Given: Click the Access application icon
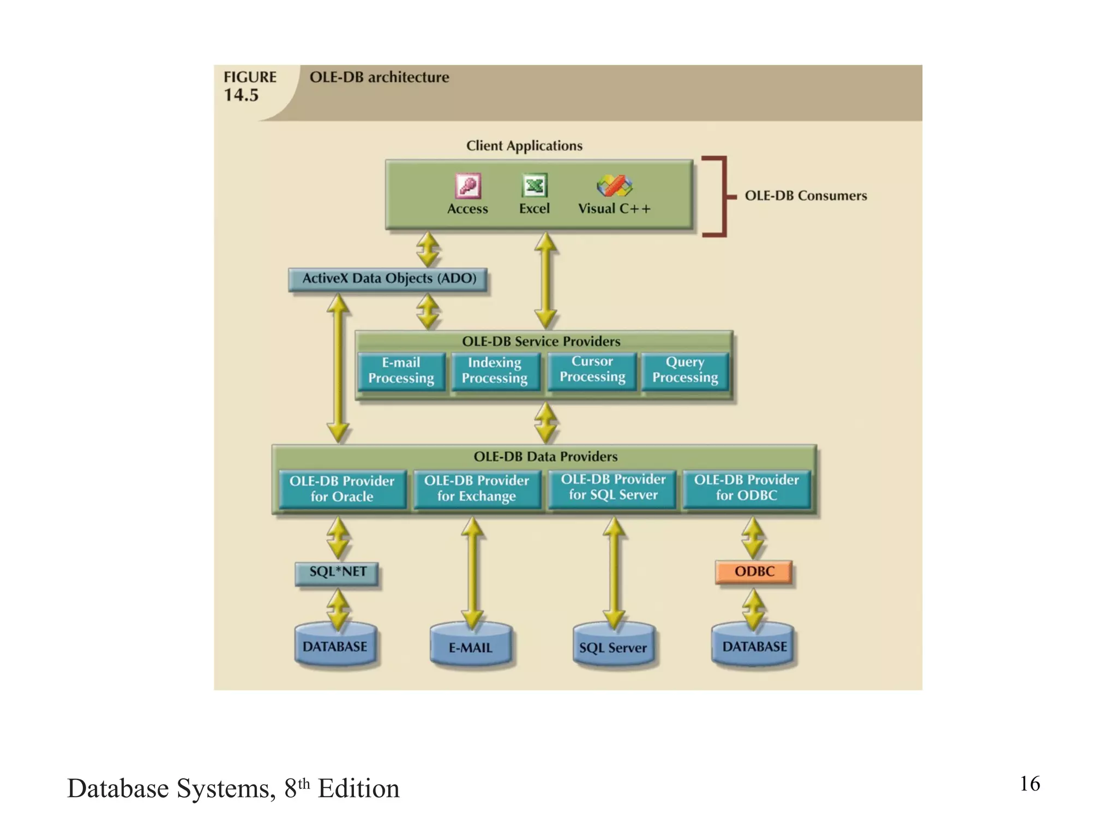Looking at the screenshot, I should point(468,186).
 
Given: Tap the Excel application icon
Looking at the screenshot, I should point(535,186).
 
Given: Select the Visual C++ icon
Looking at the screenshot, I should point(614,186).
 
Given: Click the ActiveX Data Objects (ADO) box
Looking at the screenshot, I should point(388,279).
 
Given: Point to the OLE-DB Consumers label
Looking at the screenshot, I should point(805,196).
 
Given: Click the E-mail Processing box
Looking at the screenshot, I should point(401,370).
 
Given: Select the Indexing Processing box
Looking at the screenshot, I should point(495,370).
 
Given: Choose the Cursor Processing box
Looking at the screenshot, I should point(592,369).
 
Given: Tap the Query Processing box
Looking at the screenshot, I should point(685,370).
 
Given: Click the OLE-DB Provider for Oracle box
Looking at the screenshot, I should point(342,489).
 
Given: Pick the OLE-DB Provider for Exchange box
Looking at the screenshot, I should point(477,488).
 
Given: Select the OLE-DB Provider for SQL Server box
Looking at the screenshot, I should point(613,487).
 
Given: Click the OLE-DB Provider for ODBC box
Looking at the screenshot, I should point(746,488).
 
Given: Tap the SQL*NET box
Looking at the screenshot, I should point(337,572).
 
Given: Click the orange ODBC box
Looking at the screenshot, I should point(754,572).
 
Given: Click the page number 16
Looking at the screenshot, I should point(1029,784).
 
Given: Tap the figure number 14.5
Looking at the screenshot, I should point(241,95).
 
